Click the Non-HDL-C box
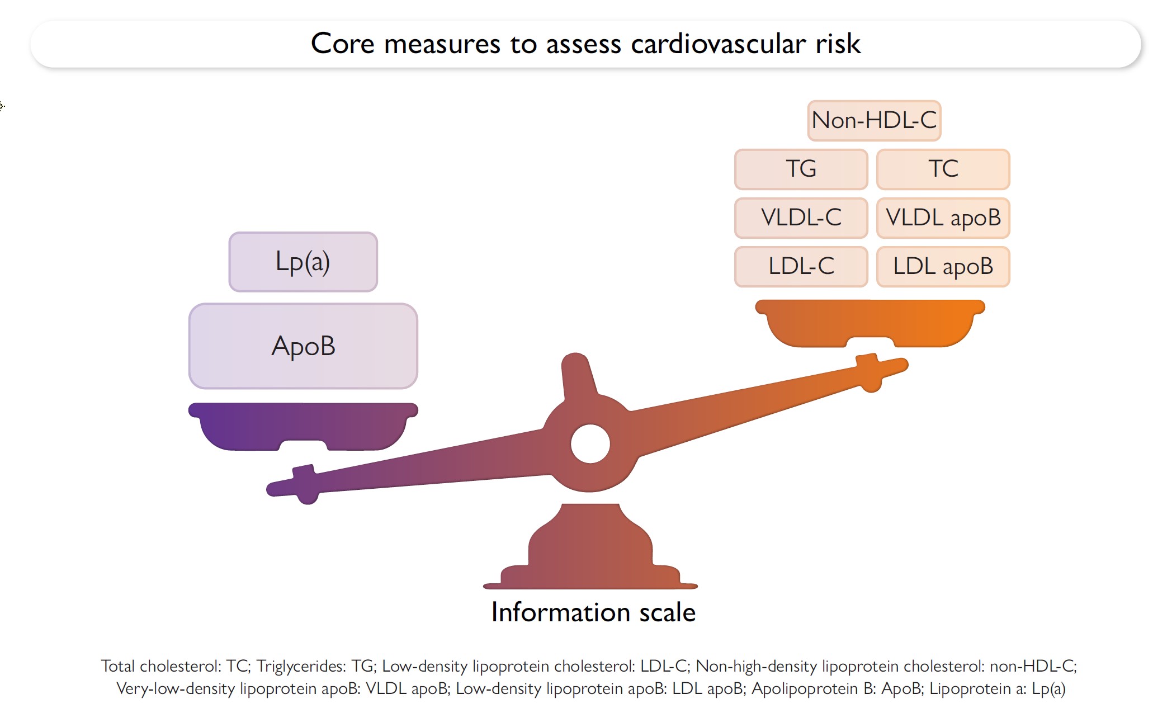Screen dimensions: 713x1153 point(874,120)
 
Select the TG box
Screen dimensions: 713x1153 point(801,169)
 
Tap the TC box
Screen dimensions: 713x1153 point(943,169)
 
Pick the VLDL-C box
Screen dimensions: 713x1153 point(801,218)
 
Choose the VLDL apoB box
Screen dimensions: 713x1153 point(943,218)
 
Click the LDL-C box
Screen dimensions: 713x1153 point(801,266)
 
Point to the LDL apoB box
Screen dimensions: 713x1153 point(943,266)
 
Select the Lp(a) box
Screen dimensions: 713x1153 point(303,262)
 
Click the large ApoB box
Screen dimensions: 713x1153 point(303,346)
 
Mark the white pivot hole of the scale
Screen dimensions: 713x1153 point(590,444)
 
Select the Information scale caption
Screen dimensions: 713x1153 point(593,612)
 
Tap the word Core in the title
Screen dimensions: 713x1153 point(342,44)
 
